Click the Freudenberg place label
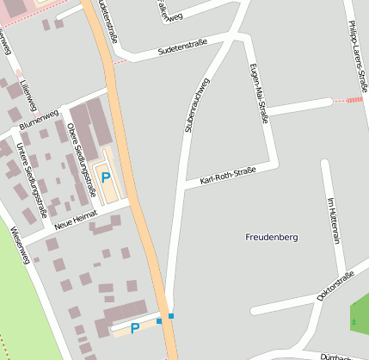click(x=271, y=236)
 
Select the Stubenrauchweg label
click(x=196, y=104)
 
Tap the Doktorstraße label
click(x=335, y=286)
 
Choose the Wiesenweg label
click(x=19, y=245)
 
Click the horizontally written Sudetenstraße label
click(x=183, y=48)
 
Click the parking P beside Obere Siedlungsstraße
click(x=106, y=177)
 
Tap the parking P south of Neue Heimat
click(x=135, y=328)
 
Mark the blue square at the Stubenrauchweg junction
click(x=171, y=316)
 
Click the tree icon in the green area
click(x=354, y=321)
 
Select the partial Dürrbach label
click(x=336, y=356)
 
